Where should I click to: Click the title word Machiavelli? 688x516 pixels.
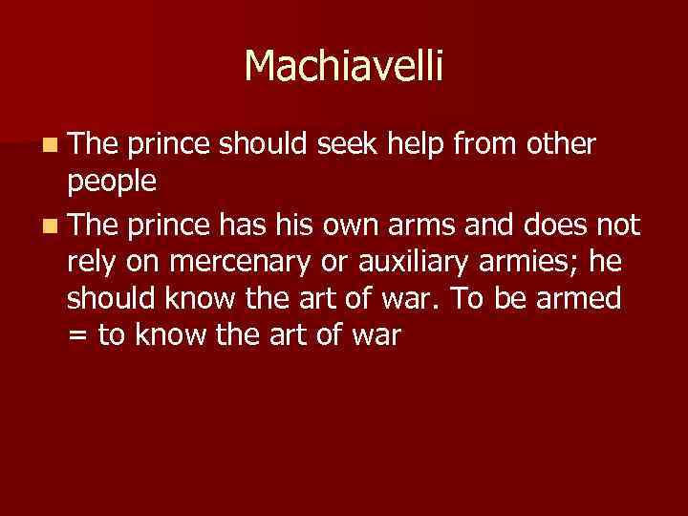point(344,66)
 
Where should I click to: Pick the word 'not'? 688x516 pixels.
point(621,225)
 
